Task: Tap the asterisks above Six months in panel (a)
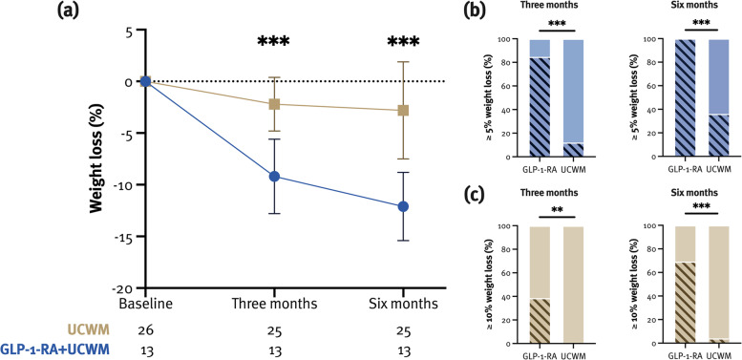[x=404, y=43]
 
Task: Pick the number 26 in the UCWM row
[x=145, y=330]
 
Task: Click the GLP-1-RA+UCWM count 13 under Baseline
[x=145, y=350]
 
